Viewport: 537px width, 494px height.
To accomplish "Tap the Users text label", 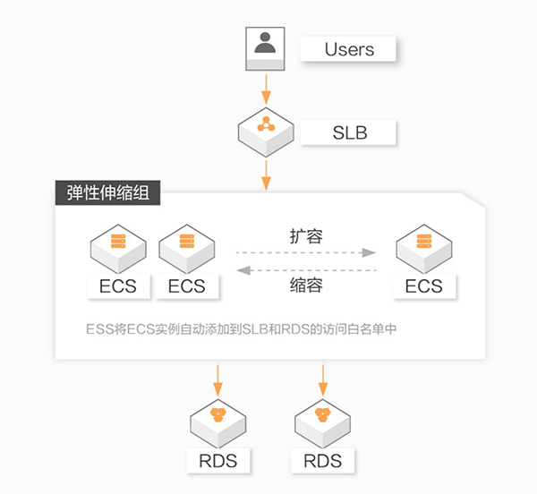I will coord(349,48).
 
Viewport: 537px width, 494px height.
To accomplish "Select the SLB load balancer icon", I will coord(266,128).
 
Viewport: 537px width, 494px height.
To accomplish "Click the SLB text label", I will coord(349,133).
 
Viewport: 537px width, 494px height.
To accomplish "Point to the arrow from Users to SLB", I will coord(266,88).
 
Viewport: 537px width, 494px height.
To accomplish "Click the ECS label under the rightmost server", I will coord(423,286).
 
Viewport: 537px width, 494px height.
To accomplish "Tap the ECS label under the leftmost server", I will coord(117,286).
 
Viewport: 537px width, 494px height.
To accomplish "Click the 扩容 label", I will coord(306,237).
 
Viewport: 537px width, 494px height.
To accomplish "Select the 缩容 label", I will coord(306,286).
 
